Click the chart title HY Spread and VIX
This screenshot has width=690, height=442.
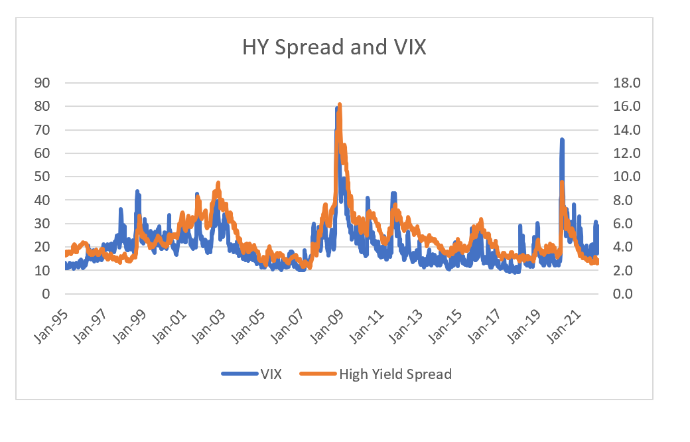point(334,48)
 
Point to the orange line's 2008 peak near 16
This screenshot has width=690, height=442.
point(340,105)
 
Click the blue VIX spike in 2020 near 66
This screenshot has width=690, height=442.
point(562,139)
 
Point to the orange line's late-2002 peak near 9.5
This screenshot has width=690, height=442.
point(218,183)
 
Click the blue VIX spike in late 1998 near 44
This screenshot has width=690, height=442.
point(137,191)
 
